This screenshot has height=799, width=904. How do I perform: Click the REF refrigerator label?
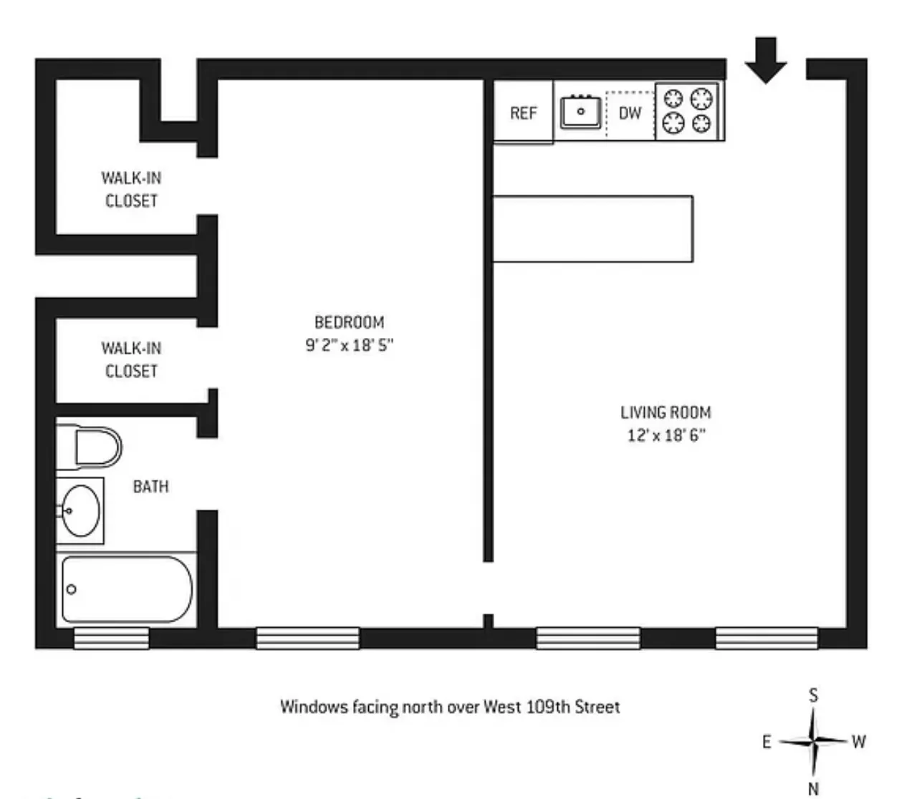523,113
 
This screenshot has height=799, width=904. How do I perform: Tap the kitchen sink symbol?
580,112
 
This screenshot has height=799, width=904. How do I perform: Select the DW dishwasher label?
630,113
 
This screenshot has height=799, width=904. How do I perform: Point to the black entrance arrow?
766,59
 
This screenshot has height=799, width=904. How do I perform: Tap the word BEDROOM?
349,322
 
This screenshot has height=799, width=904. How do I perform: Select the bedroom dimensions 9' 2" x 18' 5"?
349,345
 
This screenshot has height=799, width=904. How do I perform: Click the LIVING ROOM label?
665,412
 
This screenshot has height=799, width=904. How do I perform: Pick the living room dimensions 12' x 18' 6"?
665,435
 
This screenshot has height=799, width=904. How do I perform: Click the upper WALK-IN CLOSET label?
131,189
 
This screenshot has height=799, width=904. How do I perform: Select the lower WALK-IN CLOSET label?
131,359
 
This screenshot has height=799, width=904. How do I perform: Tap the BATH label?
151,487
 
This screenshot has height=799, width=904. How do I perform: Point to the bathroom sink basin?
80,510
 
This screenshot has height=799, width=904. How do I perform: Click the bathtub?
126,589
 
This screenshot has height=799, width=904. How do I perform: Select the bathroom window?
111,638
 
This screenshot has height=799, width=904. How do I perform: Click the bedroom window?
307,638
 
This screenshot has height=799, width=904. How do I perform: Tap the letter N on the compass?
813,788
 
